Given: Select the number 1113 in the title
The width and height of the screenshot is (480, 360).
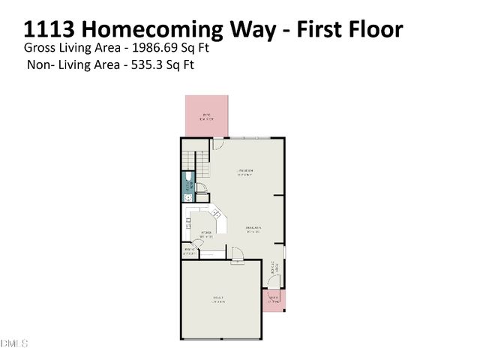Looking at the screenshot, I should click(49, 30).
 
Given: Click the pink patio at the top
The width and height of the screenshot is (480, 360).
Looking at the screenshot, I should click(207, 115).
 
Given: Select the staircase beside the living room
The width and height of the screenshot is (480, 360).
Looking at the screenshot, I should click(194, 160).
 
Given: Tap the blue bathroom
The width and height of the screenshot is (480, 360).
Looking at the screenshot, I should click(188, 187).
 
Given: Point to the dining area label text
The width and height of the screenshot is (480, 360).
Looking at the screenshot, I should click(253, 229).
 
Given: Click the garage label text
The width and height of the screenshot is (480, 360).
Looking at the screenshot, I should click(218, 300).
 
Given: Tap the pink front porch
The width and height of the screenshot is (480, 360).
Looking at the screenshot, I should click(274, 300).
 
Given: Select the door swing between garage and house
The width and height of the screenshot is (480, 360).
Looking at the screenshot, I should click(236, 259).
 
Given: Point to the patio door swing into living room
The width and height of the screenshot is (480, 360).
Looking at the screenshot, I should click(218, 143).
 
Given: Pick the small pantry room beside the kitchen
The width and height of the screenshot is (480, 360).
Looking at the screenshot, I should click(188, 251).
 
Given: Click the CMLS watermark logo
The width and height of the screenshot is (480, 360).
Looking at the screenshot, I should click(14, 343).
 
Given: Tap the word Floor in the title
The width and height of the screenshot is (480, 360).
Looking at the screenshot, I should click(373, 30).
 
